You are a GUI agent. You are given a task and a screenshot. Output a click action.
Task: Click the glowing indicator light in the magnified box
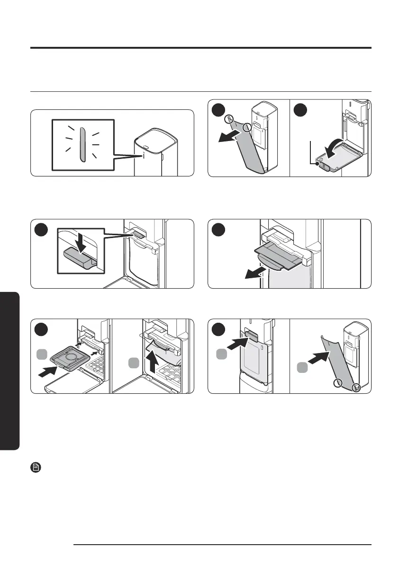click(x=82, y=144)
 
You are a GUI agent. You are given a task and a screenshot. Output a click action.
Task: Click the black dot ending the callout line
click(x=317, y=164)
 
